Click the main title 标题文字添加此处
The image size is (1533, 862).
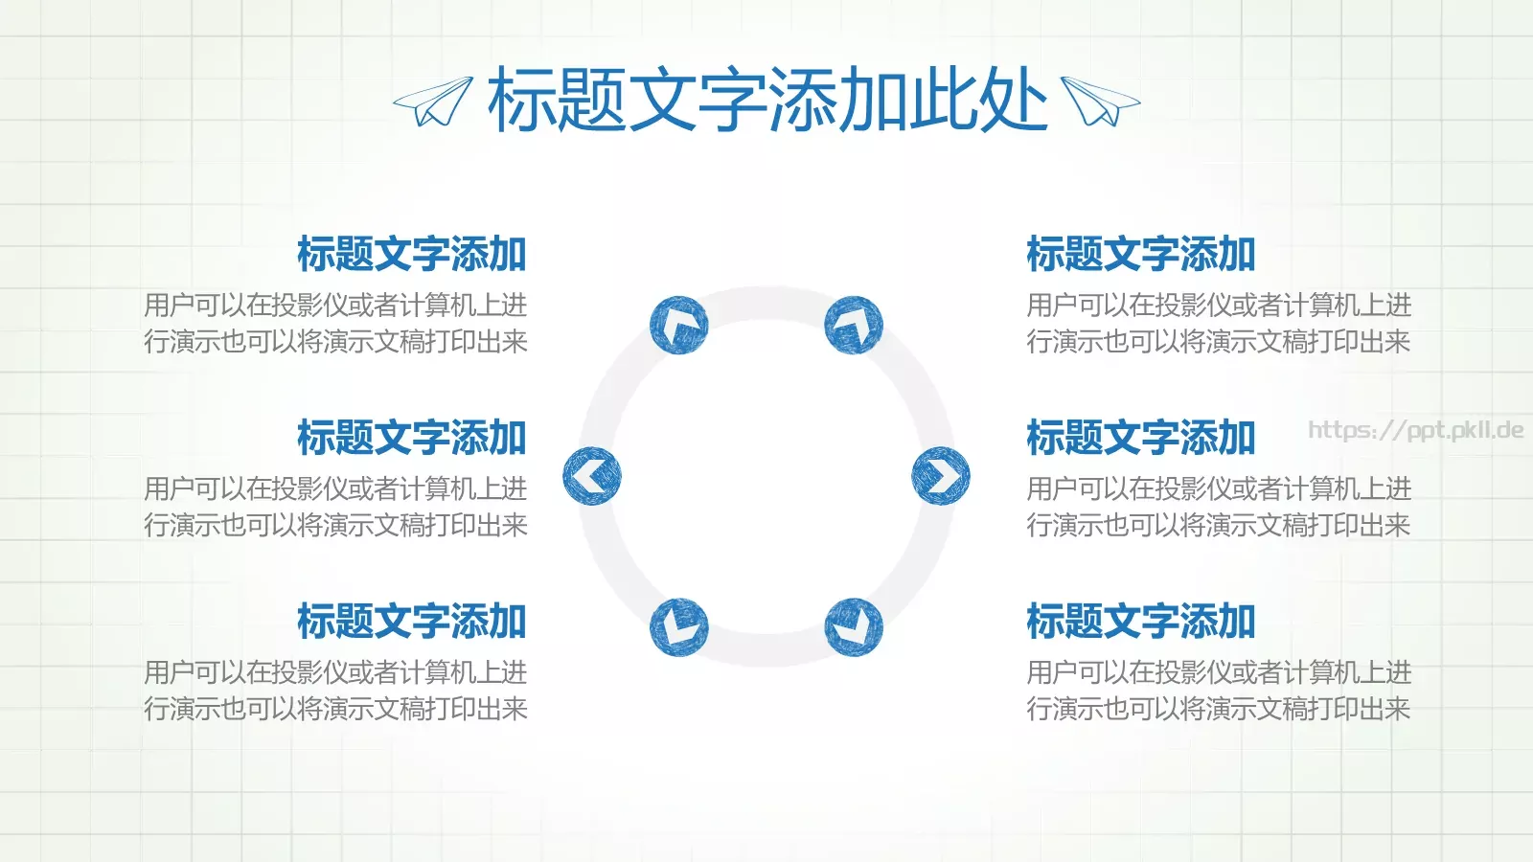(766, 100)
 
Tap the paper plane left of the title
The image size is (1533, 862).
(433, 102)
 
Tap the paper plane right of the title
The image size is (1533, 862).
(1100, 102)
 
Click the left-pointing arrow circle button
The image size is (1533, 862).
(591, 476)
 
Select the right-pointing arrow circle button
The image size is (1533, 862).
(941, 476)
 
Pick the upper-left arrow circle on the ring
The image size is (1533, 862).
(678, 325)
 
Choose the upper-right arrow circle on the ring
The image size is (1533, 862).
(854, 325)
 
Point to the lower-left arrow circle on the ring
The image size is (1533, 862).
(678, 627)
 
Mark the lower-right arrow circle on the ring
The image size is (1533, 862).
(854, 627)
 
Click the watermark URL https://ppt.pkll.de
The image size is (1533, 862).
(1415, 430)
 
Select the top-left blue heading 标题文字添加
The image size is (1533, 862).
(412, 254)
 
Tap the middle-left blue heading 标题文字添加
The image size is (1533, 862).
(412, 438)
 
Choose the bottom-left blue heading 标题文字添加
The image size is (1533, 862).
(412, 622)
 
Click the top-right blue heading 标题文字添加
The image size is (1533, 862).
(1140, 254)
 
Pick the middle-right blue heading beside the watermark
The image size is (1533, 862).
(1140, 438)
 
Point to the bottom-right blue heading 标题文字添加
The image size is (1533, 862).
(1140, 622)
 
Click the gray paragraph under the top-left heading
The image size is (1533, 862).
(335, 323)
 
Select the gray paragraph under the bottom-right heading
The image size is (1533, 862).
(1219, 691)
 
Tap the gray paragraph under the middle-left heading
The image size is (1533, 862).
(335, 507)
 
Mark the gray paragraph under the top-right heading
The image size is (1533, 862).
(1219, 323)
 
